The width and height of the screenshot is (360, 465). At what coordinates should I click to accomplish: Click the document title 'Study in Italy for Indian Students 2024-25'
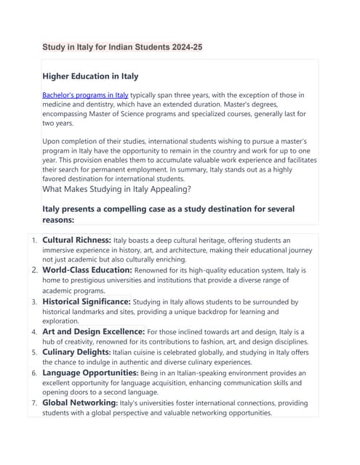tap(122, 47)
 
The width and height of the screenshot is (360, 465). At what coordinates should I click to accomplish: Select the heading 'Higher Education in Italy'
tap(90, 76)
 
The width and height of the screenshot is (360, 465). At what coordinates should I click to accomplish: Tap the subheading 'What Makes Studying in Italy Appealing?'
tap(116, 190)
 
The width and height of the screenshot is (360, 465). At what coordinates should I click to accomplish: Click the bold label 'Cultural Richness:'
tap(76, 239)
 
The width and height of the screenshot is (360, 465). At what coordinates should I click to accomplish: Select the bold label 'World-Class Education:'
tap(82, 270)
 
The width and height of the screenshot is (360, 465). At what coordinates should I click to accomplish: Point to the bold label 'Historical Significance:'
tap(87, 301)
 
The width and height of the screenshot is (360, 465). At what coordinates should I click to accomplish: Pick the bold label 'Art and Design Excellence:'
tap(93, 331)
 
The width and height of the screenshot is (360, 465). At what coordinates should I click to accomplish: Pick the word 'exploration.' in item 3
tap(60, 320)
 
